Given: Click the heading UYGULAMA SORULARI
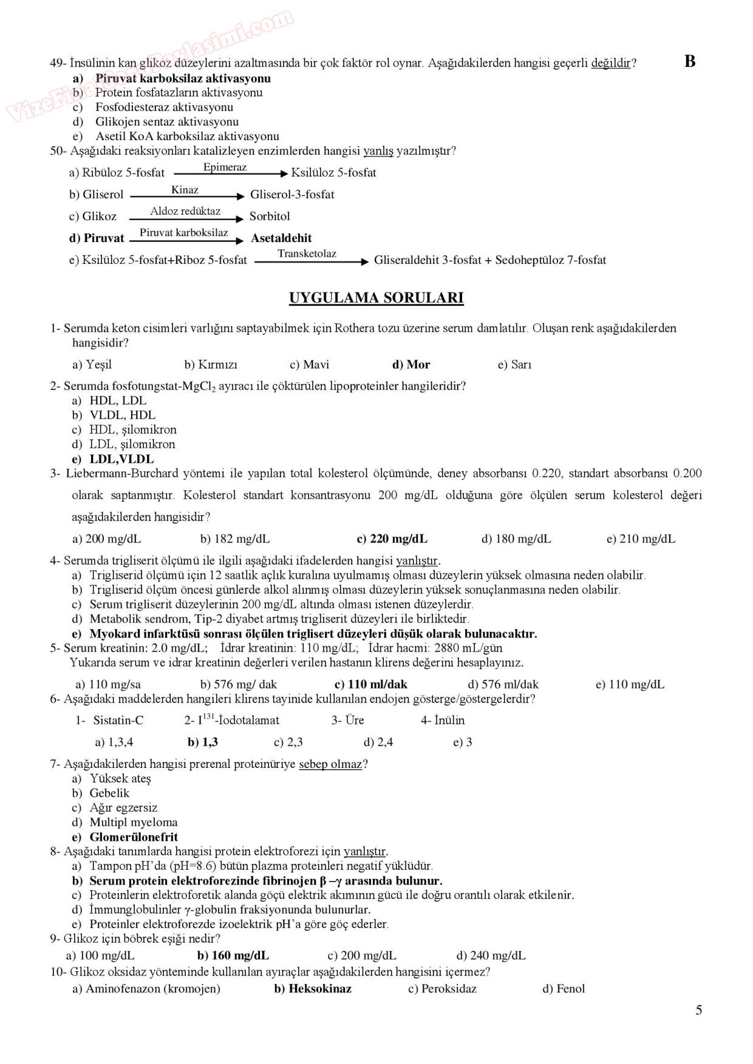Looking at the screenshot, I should tap(376, 298).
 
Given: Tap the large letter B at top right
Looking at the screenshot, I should tap(689, 61).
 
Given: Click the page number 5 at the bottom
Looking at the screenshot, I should tap(699, 1010).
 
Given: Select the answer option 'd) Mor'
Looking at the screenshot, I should tap(411, 365).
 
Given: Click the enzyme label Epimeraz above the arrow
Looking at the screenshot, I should tap(225, 167).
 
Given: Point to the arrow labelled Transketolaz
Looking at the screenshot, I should tap(312, 262).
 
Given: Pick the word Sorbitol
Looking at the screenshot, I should tap(270, 217).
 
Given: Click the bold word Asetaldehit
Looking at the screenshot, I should tap(281, 238).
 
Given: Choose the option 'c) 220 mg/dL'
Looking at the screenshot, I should tap(392, 539).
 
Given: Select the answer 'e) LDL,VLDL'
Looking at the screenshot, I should tap(113, 459).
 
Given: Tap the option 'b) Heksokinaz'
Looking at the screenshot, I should tap(313, 989).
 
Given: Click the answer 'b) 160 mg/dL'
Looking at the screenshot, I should tap(233, 955).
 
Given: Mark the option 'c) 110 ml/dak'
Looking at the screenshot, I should tap(371, 684).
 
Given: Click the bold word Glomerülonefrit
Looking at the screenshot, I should tap(134, 837).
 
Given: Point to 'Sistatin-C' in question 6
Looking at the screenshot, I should tap(118, 721).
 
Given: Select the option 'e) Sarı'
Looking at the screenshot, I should tap(514, 365).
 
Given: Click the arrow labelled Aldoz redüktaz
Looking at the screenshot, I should tap(186, 218).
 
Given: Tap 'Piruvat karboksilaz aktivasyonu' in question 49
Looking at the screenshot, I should tap(183, 78).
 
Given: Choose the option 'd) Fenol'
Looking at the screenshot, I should tap(564, 989).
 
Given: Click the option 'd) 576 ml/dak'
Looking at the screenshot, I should tap(503, 684).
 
